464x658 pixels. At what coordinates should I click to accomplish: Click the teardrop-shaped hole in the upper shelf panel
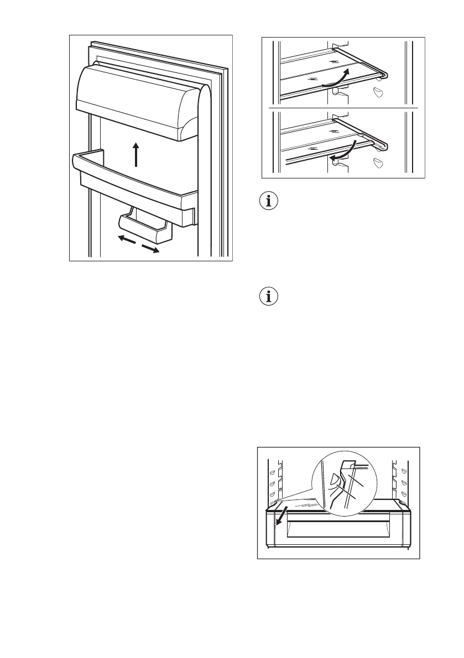tap(379, 92)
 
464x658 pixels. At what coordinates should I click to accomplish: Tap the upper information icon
tap(269, 201)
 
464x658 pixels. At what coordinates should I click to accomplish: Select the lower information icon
tap(269, 297)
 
